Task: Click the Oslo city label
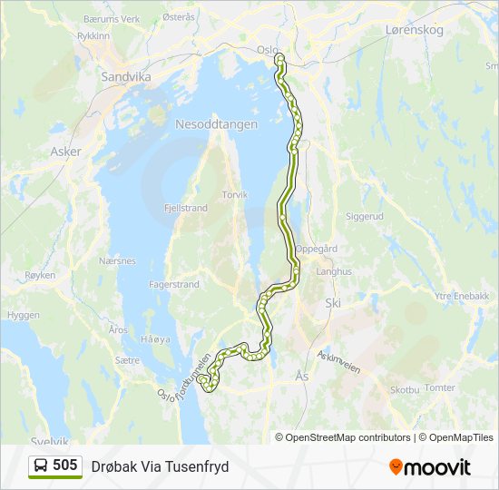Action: coord(267,50)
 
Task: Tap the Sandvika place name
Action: coord(127,78)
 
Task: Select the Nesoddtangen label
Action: coord(216,124)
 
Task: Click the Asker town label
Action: coord(66,152)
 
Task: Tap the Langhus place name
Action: coord(333,270)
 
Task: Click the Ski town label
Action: coord(333,304)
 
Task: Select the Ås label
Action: coord(302,374)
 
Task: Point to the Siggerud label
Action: coord(365,217)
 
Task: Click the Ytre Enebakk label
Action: coord(461,296)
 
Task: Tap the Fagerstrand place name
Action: coord(173,284)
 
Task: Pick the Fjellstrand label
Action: coord(186,208)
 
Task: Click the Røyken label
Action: coord(41,274)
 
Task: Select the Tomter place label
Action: coord(439,387)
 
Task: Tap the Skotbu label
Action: coord(404,389)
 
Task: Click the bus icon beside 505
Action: coord(42,465)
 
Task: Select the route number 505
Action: coord(65,465)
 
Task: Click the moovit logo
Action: coord(430,466)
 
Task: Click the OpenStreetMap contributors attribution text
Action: coord(348,437)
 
